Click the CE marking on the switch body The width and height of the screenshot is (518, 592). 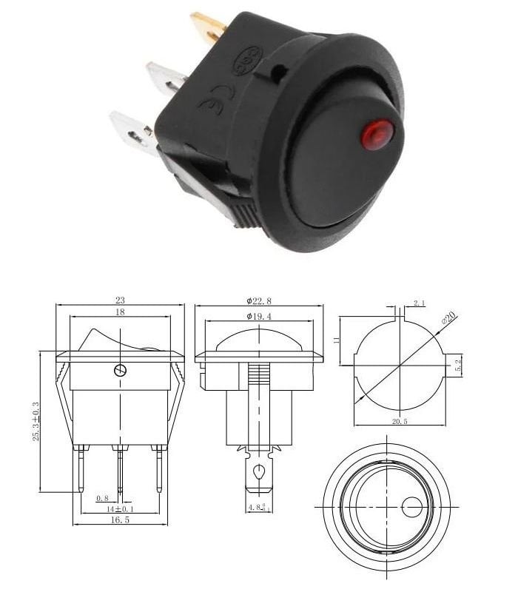[x=214, y=101]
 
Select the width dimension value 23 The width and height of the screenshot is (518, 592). [x=120, y=300]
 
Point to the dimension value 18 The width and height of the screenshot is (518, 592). [x=120, y=314]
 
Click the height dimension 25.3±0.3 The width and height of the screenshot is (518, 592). [x=47, y=421]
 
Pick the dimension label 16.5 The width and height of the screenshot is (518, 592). [x=120, y=521]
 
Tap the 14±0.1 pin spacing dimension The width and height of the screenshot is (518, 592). [x=120, y=509]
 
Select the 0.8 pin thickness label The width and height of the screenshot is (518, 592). [x=102, y=498]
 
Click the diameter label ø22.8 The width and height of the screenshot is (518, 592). [x=258, y=300]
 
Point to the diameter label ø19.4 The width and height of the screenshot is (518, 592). [x=258, y=317]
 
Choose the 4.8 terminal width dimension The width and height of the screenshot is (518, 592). [x=256, y=508]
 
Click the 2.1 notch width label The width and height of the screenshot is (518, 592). [x=419, y=303]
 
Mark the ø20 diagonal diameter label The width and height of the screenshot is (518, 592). [x=448, y=319]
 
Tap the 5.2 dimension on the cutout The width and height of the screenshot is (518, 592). [x=458, y=365]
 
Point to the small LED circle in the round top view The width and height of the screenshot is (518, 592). [x=411, y=507]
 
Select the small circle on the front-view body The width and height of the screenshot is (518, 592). [x=121, y=370]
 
